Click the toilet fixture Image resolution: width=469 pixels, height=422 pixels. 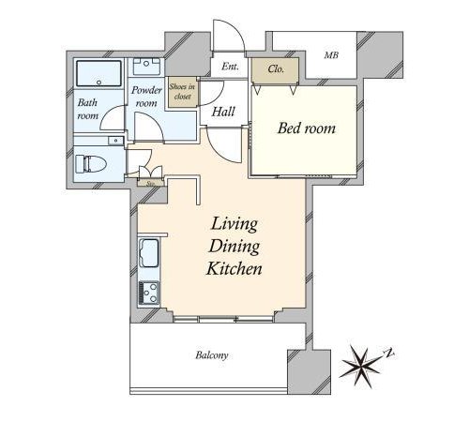(91, 164)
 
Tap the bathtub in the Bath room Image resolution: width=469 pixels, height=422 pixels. (98, 73)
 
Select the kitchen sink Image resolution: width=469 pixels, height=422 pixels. (148, 253)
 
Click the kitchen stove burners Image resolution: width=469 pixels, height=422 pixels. (148, 293)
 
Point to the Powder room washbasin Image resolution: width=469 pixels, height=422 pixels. (146, 67)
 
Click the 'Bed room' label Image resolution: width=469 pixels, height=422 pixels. (307, 128)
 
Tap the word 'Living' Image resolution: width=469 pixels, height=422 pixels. (234, 224)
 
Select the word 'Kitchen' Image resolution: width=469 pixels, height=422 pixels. (234, 269)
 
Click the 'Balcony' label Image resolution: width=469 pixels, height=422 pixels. (212, 355)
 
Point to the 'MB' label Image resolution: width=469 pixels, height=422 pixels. (331, 55)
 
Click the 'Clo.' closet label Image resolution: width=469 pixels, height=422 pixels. (276, 68)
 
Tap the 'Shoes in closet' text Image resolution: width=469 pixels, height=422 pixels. (182, 92)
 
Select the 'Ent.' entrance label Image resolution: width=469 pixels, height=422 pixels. (230, 67)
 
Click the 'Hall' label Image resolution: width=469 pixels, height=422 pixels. (223, 112)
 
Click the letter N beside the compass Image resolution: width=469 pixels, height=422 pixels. (389, 353)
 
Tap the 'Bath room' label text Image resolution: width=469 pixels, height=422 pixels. (87, 109)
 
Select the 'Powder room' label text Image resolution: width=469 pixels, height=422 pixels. (146, 97)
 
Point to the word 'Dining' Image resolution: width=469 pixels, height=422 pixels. (234, 247)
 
